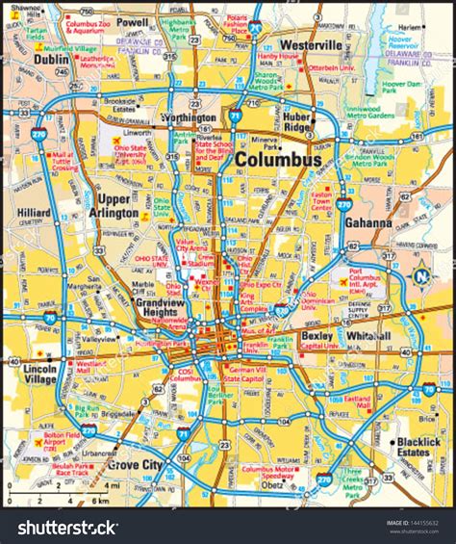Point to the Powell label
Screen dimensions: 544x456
coord(132,21)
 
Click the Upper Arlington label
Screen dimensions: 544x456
coord(113,205)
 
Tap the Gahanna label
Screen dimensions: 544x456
coord(367,222)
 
